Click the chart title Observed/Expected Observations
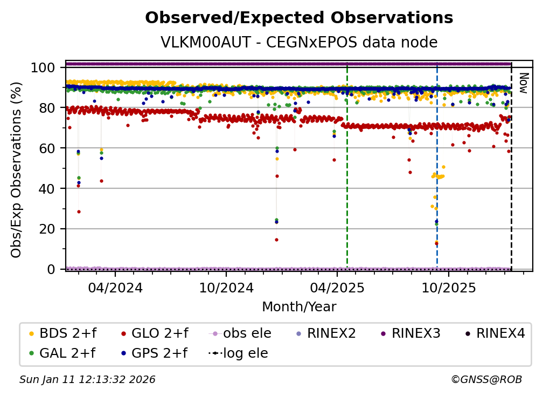click(299, 18)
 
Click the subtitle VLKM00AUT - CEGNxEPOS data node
click(299, 43)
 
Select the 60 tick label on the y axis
click(50, 148)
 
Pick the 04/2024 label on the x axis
click(116, 288)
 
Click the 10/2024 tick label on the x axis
click(226, 288)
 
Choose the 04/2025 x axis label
click(337, 288)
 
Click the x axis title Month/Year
click(299, 307)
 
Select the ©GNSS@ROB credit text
click(486, 380)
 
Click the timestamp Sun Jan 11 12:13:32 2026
click(87, 380)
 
